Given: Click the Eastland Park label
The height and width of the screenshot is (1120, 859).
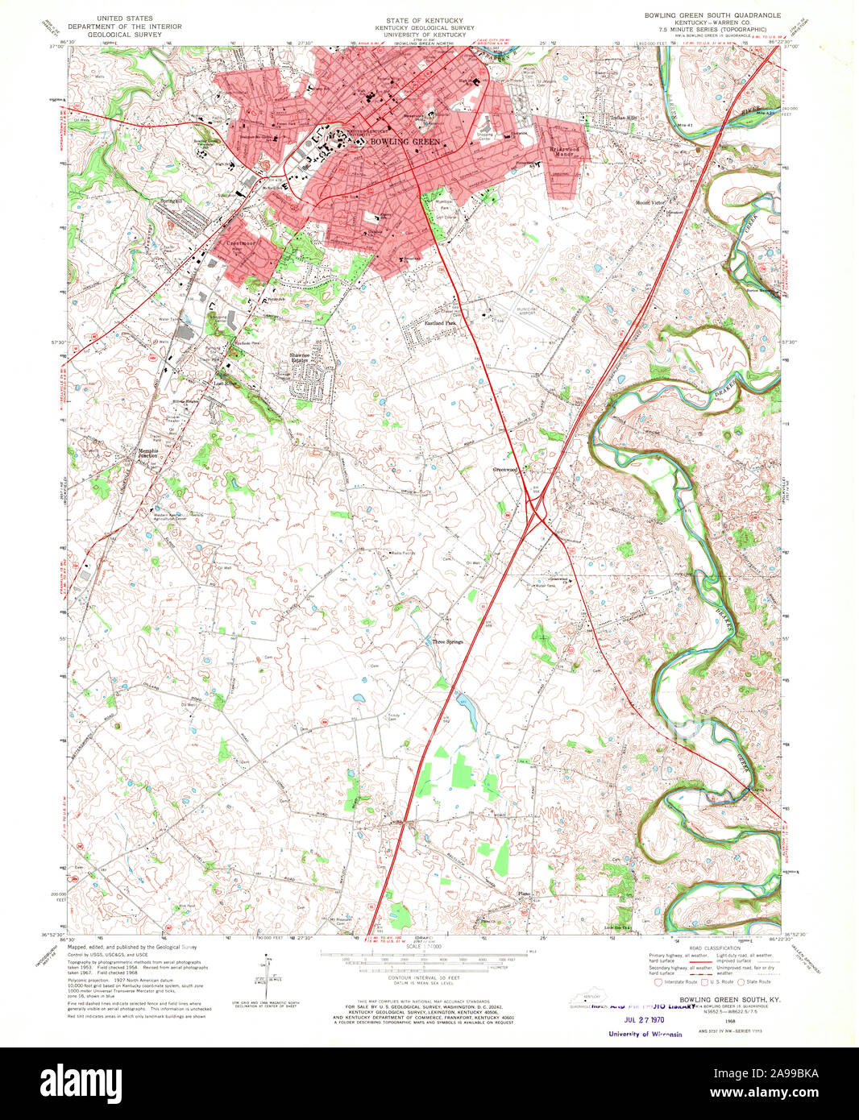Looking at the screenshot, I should click(x=441, y=323).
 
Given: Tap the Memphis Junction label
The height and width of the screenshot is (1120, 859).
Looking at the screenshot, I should click(x=148, y=453).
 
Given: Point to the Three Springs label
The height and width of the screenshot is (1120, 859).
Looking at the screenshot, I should click(x=448, y=642).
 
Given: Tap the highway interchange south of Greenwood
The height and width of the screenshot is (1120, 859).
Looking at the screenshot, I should click(x=537, y=512).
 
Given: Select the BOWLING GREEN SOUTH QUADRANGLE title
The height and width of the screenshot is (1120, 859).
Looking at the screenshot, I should click(x=712, y=15).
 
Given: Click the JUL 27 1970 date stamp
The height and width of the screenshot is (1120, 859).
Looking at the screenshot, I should click(x=643, y=1018).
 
